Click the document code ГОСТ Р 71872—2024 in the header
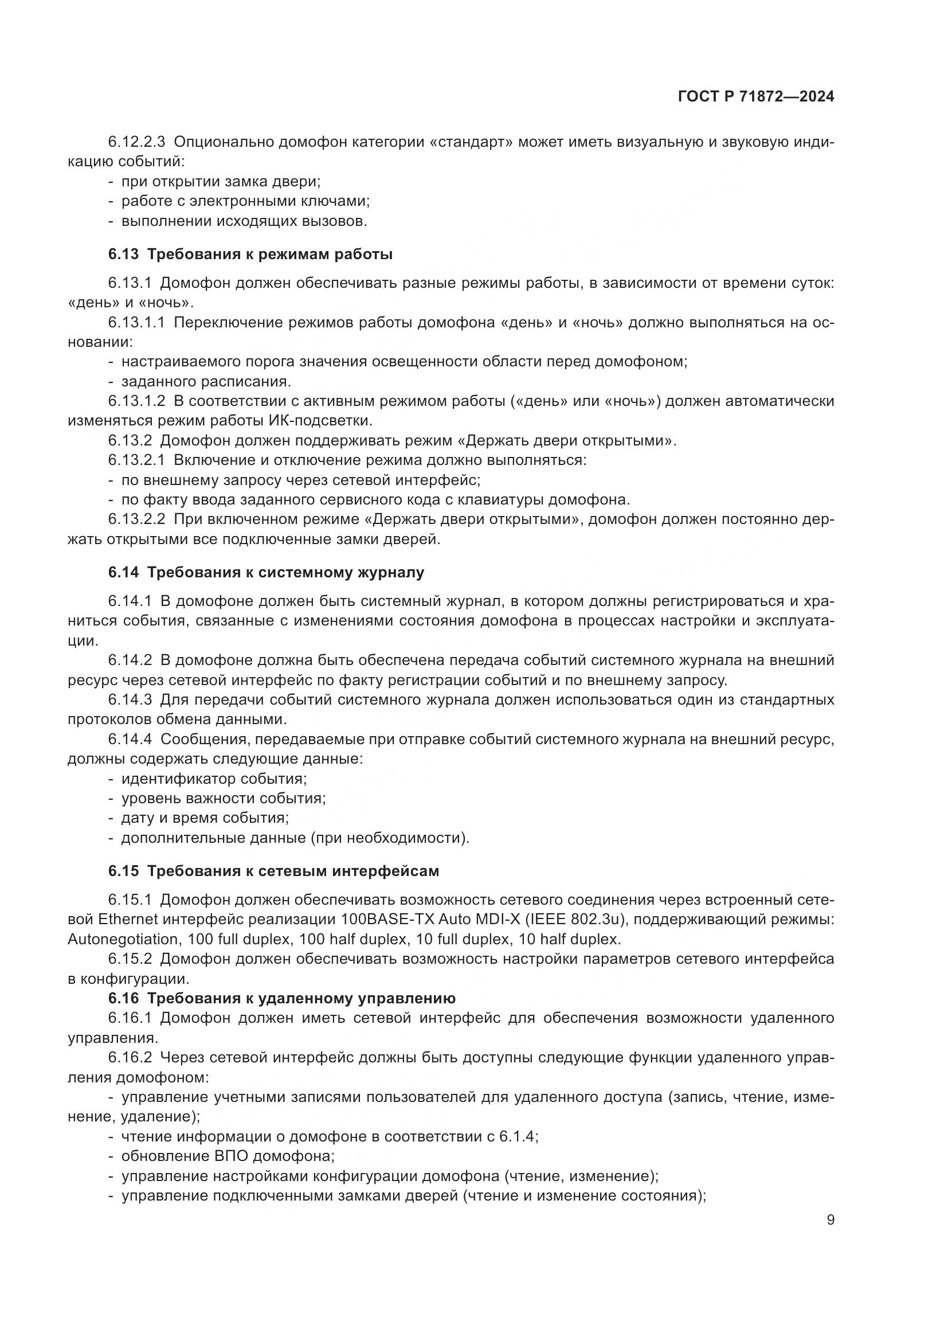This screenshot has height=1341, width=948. pyautogui.click(x=756, y=97)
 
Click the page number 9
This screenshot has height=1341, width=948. pyautogui.click(x=830, y=1220)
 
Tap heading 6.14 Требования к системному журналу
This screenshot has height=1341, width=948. pyautogui.click(x=265, y=572)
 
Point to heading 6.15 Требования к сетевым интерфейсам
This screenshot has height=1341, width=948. pyautogui.click(x=273, y=871)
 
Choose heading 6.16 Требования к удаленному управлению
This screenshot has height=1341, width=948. pyautogui.click(x=281, y=998)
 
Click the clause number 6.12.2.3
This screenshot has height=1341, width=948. pyautogui.click(x=136, y=142)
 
